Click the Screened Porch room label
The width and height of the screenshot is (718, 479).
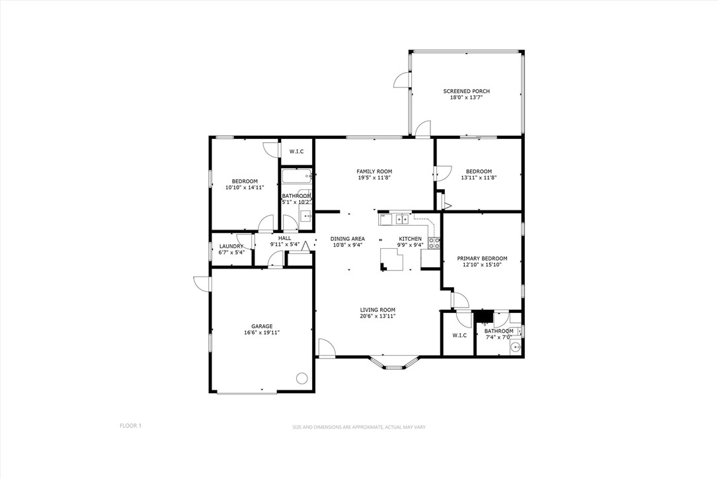click(466, 91)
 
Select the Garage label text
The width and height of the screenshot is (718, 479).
click(262, 326)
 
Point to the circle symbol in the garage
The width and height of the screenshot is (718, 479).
click(301, 378)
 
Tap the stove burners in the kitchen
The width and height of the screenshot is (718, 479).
click(434, 243)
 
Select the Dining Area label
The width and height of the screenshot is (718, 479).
click(347, 238)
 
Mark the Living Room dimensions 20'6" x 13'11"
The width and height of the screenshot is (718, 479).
click(378, 316)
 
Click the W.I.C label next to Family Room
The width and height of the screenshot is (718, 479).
click(296, 152)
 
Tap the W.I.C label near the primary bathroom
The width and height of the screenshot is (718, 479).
click(459, 335)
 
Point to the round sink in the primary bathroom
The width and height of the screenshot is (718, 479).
click(517, 347)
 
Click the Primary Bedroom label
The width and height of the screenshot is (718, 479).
click(482, 258)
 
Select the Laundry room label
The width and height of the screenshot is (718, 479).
click(231, 246)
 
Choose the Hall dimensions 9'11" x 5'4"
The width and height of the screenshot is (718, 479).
click(285, 244)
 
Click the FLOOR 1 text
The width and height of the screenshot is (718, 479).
click(130, 426)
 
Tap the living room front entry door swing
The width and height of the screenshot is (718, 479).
click(326, 348)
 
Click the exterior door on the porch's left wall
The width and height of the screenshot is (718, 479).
click(402, 80)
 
